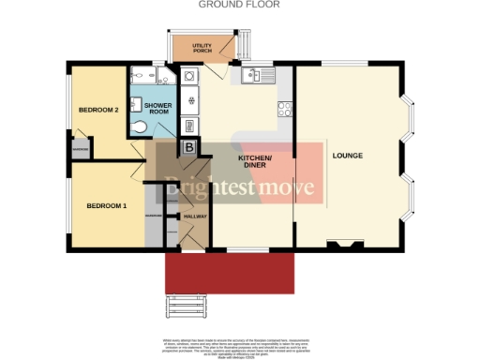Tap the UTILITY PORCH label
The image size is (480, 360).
pos(201,46)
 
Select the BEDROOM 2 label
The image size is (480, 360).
pos(97,110)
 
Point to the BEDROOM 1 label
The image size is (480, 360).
pos(106,205)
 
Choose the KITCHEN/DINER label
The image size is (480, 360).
pos(254,161)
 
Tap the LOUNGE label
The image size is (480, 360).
pos(347,155)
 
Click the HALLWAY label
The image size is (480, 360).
pos(195,217)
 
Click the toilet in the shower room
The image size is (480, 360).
pos(139,128)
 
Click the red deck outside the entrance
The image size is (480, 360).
pos(229,272)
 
